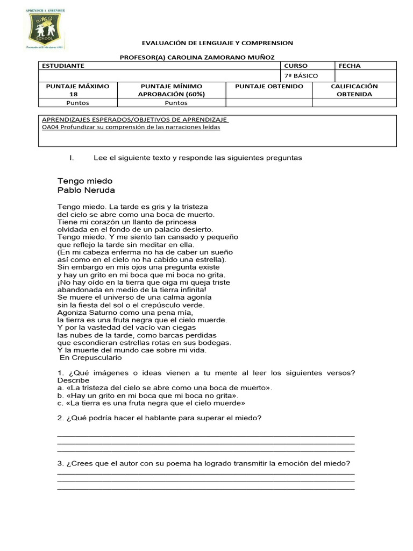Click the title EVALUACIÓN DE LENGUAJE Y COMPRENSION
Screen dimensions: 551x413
[x=217, y=43]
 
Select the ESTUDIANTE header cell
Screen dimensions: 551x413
[x=63, y=66]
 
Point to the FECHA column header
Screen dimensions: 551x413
[x=350, y=66]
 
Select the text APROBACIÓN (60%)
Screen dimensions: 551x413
[x=171, y=94]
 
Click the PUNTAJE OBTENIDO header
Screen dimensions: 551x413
[x=269, y=87]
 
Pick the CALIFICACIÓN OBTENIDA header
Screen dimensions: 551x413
[x=354, y=90]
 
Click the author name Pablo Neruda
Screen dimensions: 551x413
[x=86, y=190]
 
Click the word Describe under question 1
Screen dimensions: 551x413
[x=73, y=380]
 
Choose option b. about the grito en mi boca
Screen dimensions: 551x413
[x=60, y=395]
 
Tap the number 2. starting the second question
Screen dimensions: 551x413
[x=60, y=418]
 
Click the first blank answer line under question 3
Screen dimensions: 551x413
[x=205, y=474]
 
